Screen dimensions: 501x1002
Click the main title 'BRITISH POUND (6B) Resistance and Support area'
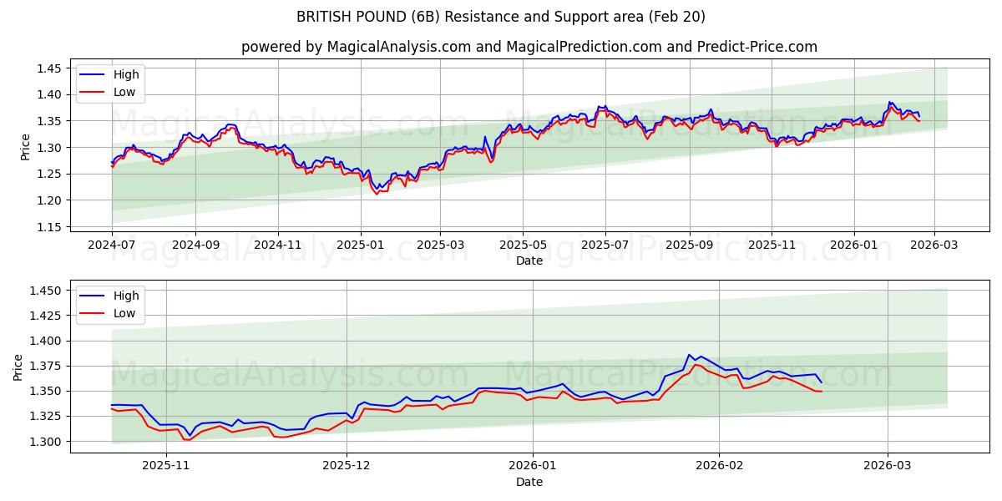[501, 17]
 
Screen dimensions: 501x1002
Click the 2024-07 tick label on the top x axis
[112, 245]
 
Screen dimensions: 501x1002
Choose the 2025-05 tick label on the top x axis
[523, 245]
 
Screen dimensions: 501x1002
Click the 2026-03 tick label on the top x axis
[934, 245]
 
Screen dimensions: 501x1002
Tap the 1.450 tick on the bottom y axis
[45, 291]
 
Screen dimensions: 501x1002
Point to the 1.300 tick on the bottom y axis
[45, 442]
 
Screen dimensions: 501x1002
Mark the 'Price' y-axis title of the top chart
[25, 147]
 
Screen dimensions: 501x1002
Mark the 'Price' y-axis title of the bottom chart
[18, 367]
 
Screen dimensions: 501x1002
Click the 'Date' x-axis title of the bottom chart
[529, 482]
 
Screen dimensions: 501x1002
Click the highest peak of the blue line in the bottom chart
[690, 355]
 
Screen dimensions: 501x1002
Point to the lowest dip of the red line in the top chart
[377, 195]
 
